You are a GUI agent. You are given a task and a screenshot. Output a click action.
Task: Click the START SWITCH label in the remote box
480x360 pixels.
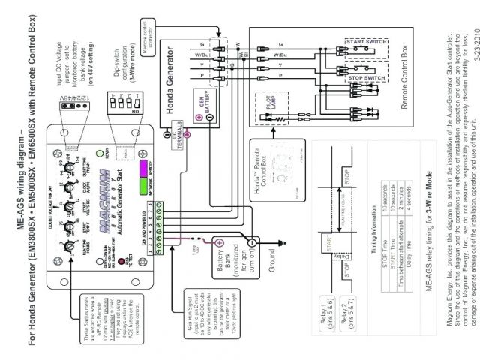click(365, 39)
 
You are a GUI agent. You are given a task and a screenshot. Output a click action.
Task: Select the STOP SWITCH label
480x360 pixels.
click(367, 78)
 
